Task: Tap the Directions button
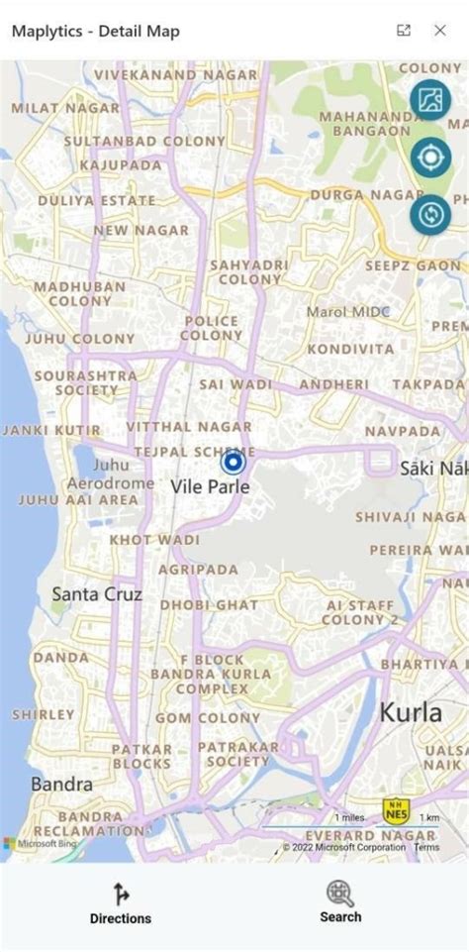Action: point(121,903)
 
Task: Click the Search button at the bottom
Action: point(340,901)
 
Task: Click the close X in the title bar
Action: point(440,31)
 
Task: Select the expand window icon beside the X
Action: point(404,31)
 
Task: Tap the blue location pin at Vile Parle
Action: point(233,463)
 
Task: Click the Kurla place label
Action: point(411,711)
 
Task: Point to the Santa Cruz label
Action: point(97,594)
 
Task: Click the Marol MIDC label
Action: point(347,311)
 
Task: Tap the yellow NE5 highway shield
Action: point(396,811)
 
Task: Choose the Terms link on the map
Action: point(426,847)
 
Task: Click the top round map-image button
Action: point(430,99)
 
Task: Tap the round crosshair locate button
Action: point(430,158)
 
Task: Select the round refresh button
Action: point(430,215)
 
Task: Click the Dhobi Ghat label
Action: point(209,604)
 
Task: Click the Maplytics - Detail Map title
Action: point(95,32)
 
